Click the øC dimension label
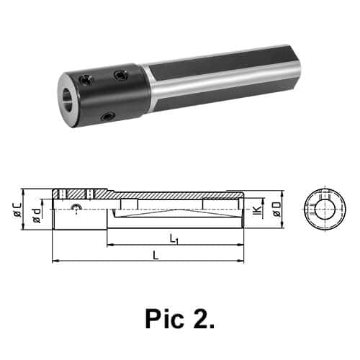18,210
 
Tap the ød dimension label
37,215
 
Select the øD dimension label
276,210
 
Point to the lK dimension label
257,210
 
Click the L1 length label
174,240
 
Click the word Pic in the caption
164,319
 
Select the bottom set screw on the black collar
107,117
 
